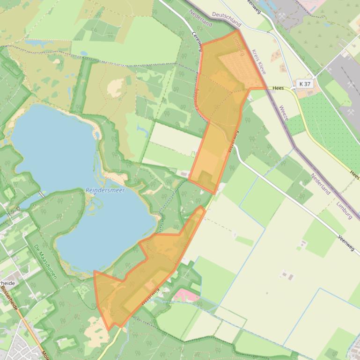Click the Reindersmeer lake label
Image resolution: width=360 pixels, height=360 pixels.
pyautogui.click(x=105, y=190)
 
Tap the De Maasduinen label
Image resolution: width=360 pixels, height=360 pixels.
pyautogui.click(x=45, y=261)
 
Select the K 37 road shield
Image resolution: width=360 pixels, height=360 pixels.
pyautogui.click(x=304, y=84)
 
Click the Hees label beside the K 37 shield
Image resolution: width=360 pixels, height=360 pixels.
pyautogui.click(x=278, y=88)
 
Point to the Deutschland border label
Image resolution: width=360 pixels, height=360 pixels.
pyautogui.click(x=227, y=19)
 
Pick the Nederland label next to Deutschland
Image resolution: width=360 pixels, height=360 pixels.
pyautogui.click(x=201, y=17)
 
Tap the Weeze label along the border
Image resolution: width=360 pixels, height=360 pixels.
pyautogui.click(x=284, y=113)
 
